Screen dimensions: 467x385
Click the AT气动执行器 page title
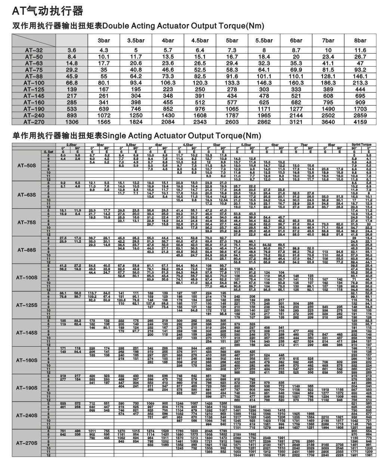coord(47,11)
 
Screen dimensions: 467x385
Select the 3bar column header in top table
coord(104,40)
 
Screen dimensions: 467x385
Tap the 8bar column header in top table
coord(360,40)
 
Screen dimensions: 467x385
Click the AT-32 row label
coord(34,50)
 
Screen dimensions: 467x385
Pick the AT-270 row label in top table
coord(34,122)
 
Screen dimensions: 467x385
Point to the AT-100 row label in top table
coord(34,83)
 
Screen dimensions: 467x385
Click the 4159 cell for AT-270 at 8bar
coord(360,122)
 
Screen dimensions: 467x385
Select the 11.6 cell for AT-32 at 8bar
coord(360,50)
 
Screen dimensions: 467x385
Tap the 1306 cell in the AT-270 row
coord(72,122)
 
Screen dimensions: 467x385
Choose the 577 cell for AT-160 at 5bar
coord(232,102)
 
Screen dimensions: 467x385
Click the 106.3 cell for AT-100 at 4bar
coord(168,83)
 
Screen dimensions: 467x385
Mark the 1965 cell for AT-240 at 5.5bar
coord(264,116)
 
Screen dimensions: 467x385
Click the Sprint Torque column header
coord(361,144)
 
